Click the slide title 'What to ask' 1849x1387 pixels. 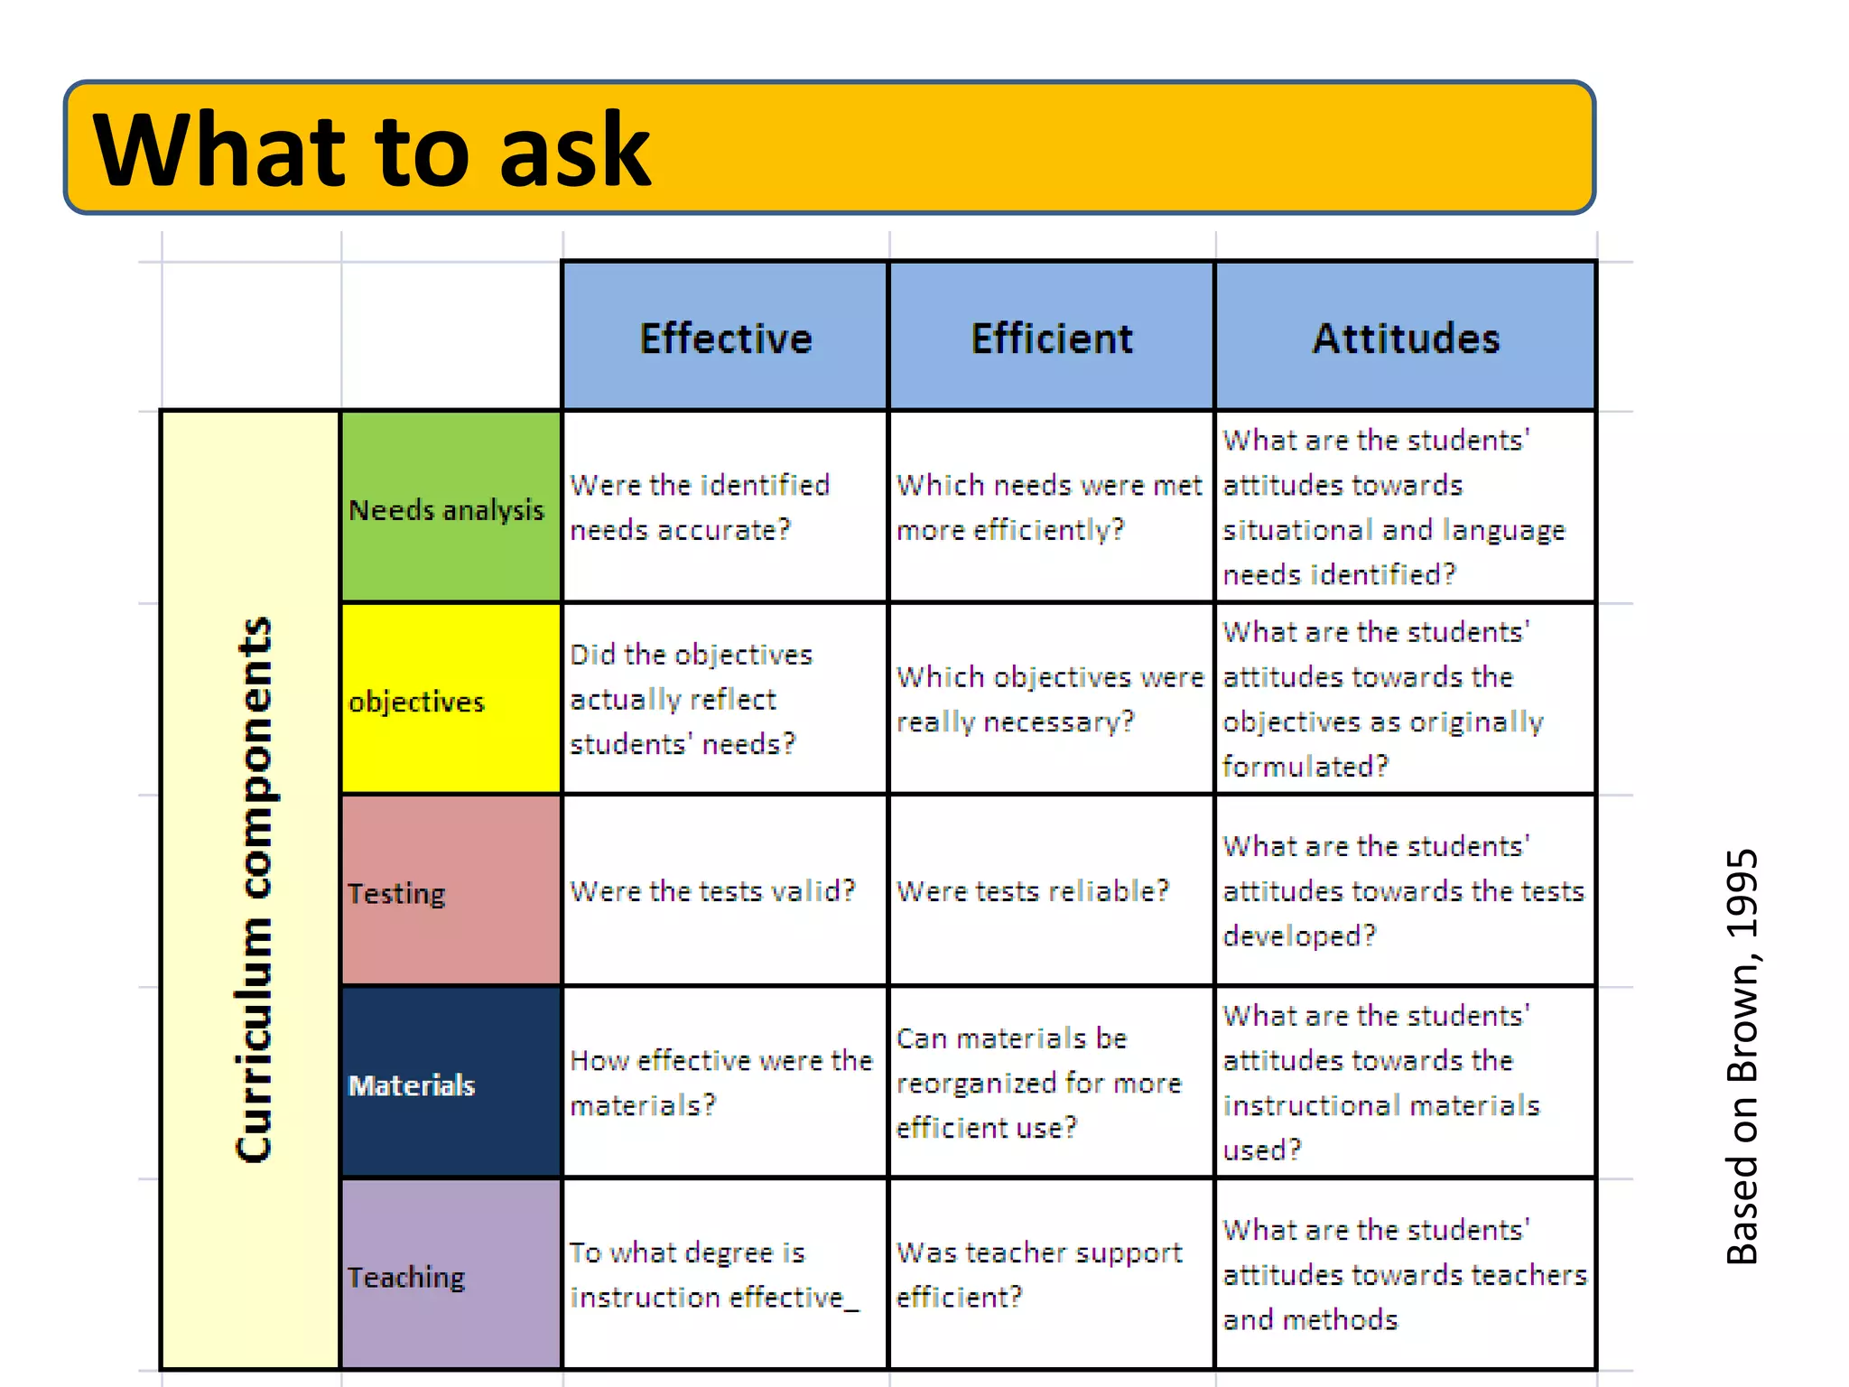click(x=371, y=150)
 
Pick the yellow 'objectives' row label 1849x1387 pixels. click(x=417, y=702)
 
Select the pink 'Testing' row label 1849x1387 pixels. click(x=397, y=893)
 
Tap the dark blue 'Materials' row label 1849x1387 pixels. click(x=412, y=1084)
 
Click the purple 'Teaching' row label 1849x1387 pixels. click(x=406, y=1277)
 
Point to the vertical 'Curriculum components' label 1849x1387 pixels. click(x=253, y=889)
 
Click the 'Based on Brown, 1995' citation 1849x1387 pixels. click(x=1742, y=1057)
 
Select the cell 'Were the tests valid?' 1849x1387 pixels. click(x=712, y=891)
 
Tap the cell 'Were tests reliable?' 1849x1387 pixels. click(x=1033, y=891)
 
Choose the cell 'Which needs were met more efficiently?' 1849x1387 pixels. click(x=1049, y=507)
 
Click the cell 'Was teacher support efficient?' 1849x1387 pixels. click(x=1039, y=1274)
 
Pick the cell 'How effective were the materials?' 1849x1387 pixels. click(x=721, y=1082)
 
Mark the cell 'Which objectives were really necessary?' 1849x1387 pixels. click(x=1050, y=699)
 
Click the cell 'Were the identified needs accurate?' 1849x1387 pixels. click(x=700, y=507)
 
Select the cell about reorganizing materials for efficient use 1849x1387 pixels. click(x=1038, y=1083)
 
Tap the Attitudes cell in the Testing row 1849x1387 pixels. click(x=1403, y=891)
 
